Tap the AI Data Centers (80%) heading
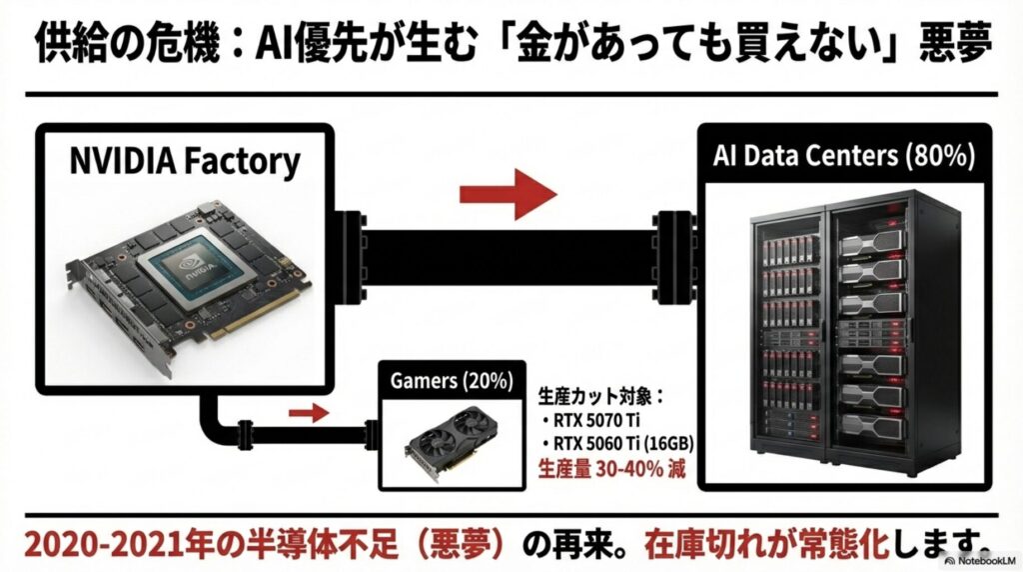point(843,157)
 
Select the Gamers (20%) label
point(452,381)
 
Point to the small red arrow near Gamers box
point(308,412)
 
